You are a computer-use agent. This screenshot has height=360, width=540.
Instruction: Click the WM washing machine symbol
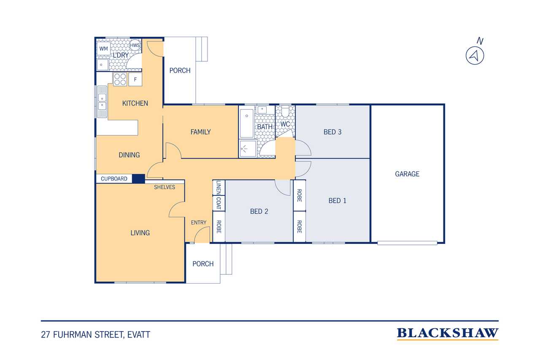[x=104, y=49]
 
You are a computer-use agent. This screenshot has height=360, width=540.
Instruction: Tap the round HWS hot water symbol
[x=135, y=45]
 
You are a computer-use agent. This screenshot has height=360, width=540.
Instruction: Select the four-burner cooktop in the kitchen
[x=120, y=79]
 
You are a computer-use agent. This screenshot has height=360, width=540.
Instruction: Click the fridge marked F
[x=135, y=79]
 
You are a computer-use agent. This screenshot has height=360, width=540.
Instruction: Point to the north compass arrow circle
[x=475, y=56]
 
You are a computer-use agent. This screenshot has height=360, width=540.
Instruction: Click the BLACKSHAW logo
[x=448, y=334]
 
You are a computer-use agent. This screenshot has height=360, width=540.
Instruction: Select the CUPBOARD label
[x=114, y=179]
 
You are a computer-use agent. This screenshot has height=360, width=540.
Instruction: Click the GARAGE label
[x=407, y=174]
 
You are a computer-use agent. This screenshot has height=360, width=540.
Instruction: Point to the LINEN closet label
[x=219, y=187]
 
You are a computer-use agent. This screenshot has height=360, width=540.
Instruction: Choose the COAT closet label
[x=219, y=203]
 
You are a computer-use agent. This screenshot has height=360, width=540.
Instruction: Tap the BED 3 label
[x=332, y=132]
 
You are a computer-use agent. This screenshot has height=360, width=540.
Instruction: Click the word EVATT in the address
[x=139, y=335]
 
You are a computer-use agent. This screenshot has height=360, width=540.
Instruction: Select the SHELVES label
[x=165, y=187]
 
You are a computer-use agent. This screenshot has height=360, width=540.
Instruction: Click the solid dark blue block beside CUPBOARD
[x=138, y=179]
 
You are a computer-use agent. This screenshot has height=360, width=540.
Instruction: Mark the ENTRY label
[x=199, y=222]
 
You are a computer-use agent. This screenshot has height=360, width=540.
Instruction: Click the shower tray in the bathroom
[x=248, y=149]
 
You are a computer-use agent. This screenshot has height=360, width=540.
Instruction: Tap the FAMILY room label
[x=200, y=132]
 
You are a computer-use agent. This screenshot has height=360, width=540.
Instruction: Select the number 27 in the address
[x=45, y=335]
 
